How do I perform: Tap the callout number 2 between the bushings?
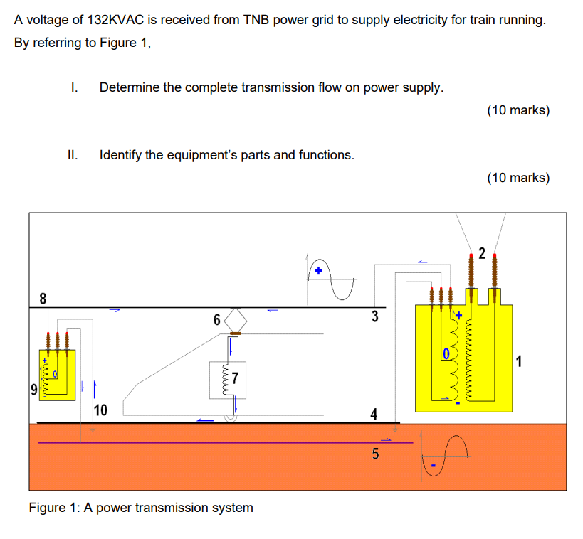(481, 253)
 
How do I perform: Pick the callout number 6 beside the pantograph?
(216, 320)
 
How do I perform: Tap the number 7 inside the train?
(236, 376)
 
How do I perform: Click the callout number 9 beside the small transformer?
(33, 390)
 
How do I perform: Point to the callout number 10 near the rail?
(100, 410)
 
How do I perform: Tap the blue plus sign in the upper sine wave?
(319, 271)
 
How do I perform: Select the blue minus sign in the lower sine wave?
(431, 466)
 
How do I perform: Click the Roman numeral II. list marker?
(73, 154)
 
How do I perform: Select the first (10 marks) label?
(518, 110)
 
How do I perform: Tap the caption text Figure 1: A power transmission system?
(141, 508)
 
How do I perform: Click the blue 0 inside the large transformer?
(446, 353)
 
